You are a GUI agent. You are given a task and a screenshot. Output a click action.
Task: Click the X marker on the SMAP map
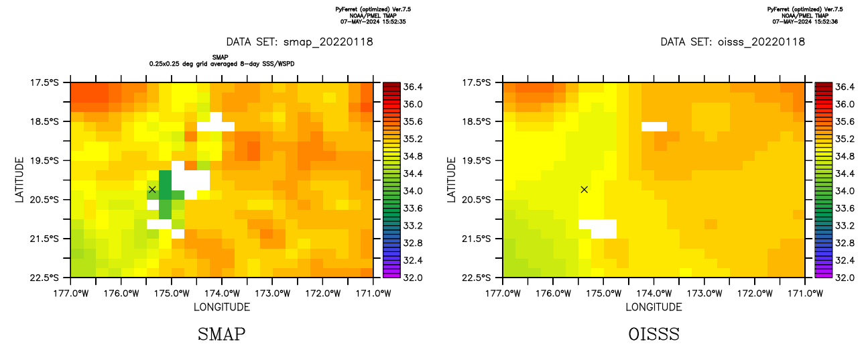coord(152,190)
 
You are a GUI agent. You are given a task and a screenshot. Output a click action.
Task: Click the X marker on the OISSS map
coord(584,190)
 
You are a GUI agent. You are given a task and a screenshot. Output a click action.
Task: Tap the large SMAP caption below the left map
coord(221,334)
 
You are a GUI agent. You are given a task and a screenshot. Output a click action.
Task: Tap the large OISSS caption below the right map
coord(654,334)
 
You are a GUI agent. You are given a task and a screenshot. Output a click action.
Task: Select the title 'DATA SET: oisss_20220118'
coord(733,42)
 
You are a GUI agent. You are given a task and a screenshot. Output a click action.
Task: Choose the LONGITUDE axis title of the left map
coord(222,307)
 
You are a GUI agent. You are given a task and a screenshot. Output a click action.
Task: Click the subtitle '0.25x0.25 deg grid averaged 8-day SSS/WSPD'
coord(222,64)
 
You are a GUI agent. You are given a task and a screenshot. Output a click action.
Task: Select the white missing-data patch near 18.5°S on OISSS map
coord(654,126)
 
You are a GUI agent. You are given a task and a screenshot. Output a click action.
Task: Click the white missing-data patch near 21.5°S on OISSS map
coord(598,229)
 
